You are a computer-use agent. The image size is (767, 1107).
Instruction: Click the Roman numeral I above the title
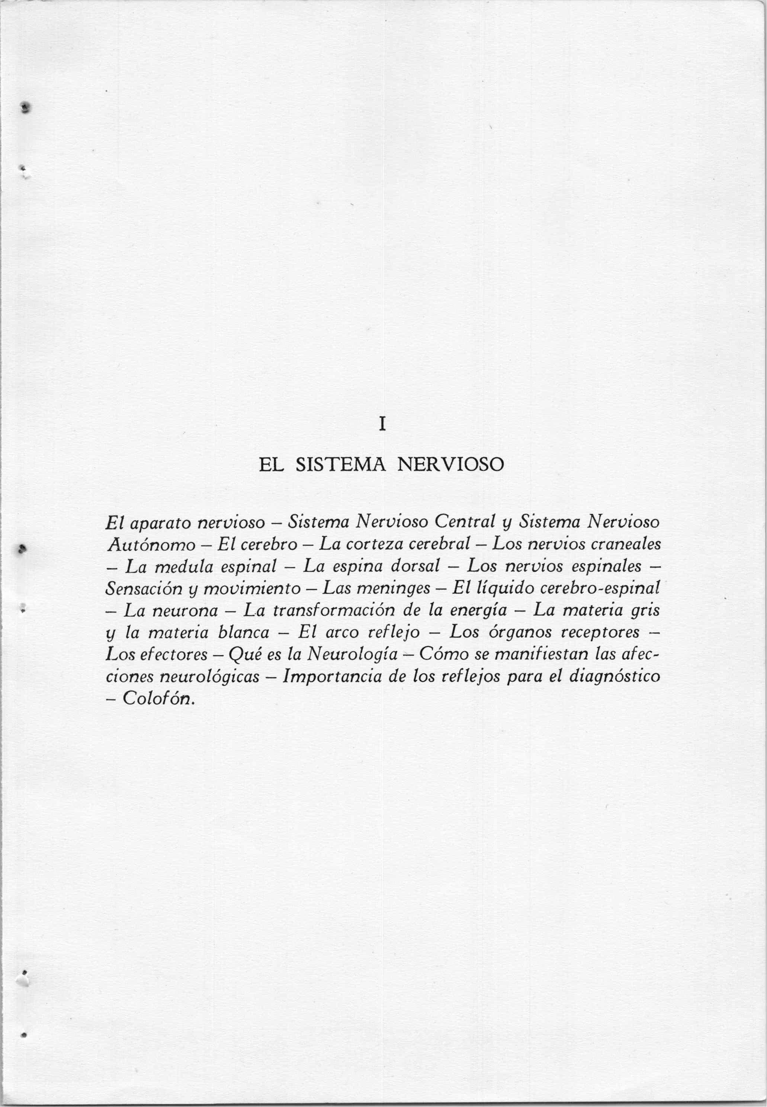(382, 424)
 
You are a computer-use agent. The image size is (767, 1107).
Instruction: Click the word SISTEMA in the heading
(341, 465)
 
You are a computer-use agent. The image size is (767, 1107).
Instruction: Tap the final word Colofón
(158, 699)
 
